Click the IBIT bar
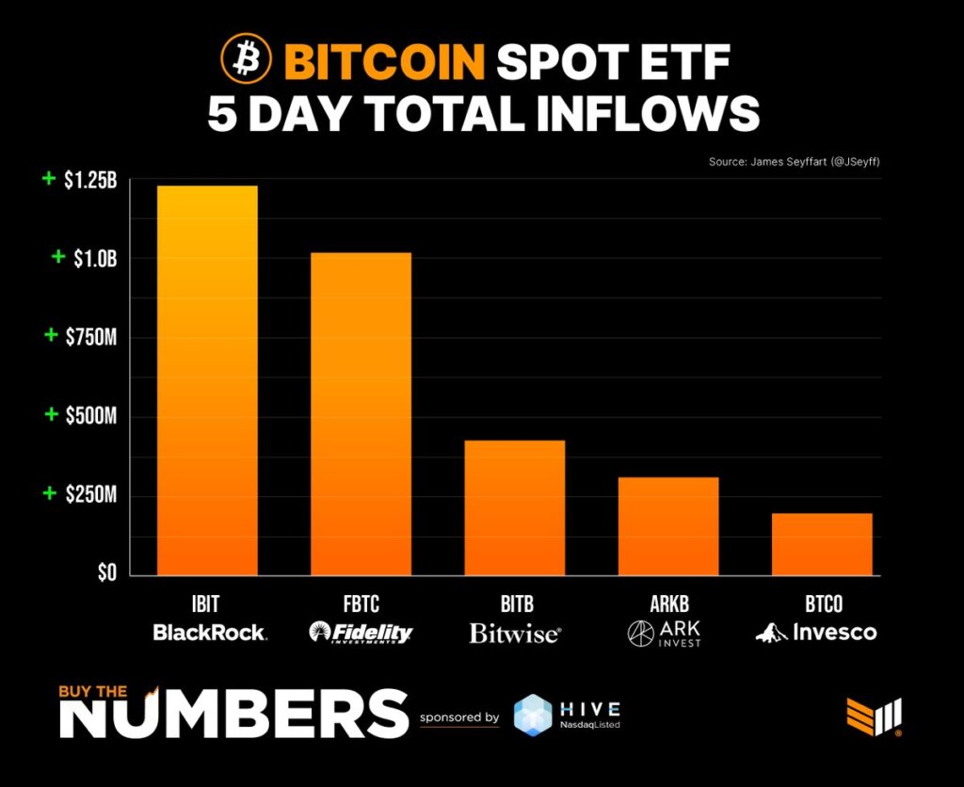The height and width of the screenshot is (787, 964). (x=207, y=380)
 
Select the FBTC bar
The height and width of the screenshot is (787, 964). (x=361, y=414)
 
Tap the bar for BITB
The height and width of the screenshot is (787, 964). (x=514, y=507)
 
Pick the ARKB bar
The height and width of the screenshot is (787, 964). (x=668, y=526)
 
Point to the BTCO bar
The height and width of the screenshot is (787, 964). (x=822, y=544)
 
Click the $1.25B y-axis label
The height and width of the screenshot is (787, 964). (x=90, y=182)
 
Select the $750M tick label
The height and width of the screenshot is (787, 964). (x=90, y=337)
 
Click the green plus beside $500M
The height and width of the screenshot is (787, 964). (x=49, y=415)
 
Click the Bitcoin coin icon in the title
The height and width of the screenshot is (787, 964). (x=246, y=60)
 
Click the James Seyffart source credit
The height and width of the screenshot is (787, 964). (x=794, y=163)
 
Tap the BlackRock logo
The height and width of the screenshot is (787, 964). (x=209, y=633)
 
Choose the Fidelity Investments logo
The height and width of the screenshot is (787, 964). (x=361, y=633)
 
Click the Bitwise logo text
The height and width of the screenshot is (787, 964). (x=514, y=633)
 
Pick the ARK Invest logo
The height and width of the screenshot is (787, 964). (x=668, y=633)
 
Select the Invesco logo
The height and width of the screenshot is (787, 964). (x=816, y=633)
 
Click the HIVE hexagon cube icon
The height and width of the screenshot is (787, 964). (x=533, y=715)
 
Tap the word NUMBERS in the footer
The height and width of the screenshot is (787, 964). (x=234, y=715)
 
